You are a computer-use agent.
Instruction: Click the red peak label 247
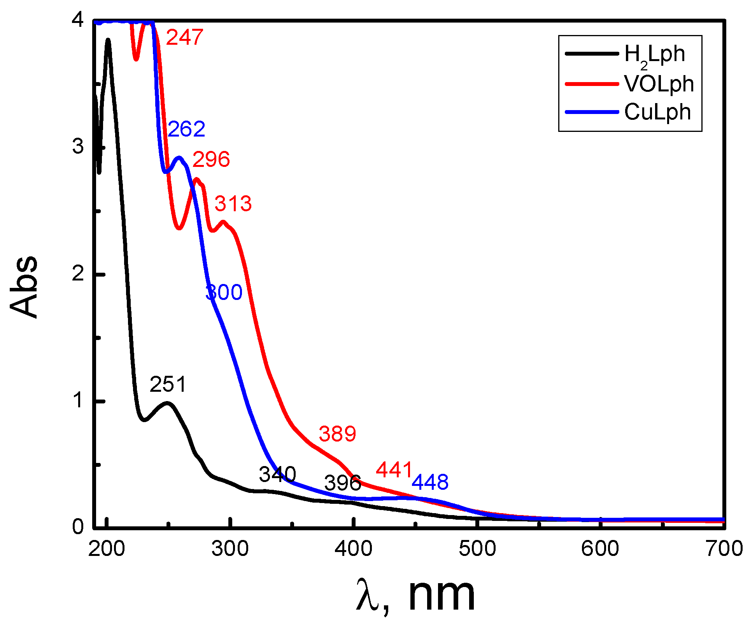tap(184, 37)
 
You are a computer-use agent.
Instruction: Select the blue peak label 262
tap(186, 129)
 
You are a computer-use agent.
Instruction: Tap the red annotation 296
tap(211, 160)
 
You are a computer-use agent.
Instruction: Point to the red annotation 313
tap(233, 204)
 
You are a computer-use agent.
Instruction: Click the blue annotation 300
tap(224, 293)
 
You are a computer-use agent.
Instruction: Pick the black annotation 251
tap(168, 385)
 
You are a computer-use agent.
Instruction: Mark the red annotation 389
tap(337, 434)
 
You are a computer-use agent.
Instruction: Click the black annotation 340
tap(277, 475)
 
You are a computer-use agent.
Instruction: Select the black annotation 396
tap(343, 484)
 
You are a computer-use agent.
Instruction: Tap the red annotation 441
tap(394, 470)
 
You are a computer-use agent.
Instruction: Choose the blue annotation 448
tap(430, 482)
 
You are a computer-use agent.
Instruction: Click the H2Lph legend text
tap(654, 54)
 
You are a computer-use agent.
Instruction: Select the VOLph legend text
tap(659, 84)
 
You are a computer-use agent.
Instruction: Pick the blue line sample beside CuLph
tap(592, 112)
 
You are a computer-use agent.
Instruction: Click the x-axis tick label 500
tap(477, 549)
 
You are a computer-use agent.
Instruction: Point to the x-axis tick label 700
tap(724, 549)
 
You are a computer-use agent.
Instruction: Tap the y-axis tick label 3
tap(78, 147)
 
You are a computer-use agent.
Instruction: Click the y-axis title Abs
tap(24, 287)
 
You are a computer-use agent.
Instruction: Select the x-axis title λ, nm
tap(415, 596)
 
